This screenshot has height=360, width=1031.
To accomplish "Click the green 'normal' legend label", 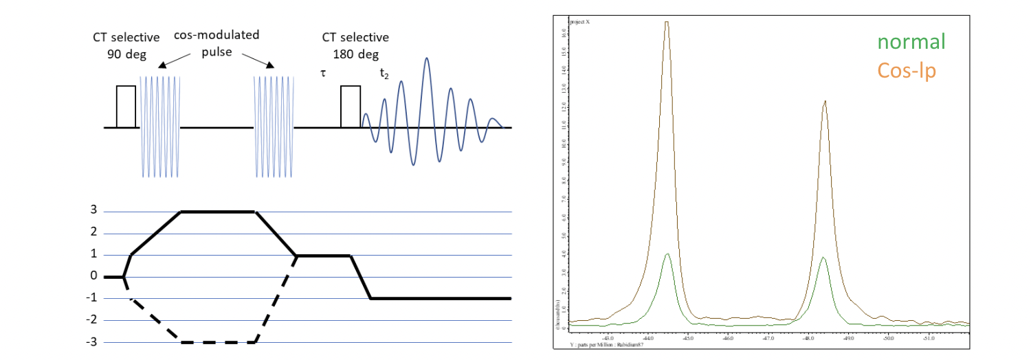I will (906, 43).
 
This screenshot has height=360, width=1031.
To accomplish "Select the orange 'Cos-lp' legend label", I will (906, 70).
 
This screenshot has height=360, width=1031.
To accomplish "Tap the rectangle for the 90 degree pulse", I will (126, 106).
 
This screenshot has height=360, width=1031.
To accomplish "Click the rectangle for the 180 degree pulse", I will (351, 106).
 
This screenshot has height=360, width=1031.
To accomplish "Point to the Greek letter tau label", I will (322, 72).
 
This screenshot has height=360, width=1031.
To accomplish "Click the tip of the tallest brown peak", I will (667, 22).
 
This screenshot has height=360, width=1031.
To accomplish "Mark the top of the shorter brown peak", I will (824, 101).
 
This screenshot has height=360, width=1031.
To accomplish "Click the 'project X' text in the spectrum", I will (578, 22).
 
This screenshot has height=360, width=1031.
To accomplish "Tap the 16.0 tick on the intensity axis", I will (564, 32).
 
